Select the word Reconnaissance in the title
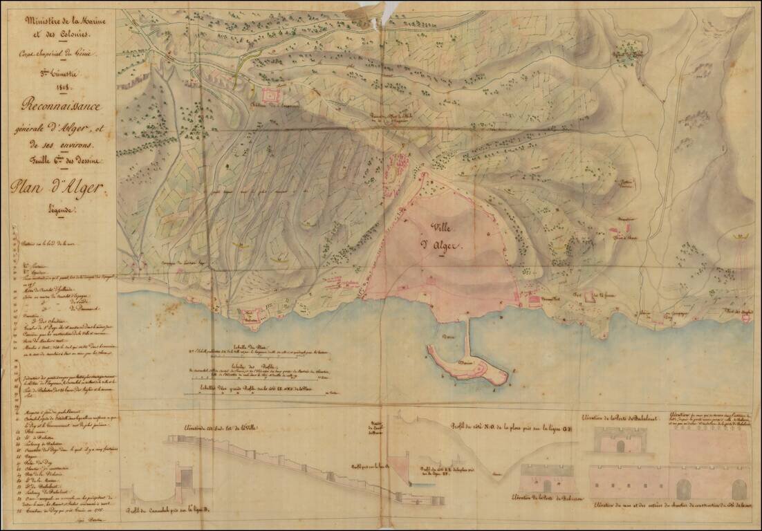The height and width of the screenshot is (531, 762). pyautogui.click(x=61, y=107)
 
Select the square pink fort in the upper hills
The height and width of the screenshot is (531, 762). pyautogui.click(x=272, y=95)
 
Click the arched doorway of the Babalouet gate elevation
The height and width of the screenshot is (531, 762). pyautogui.click(x=620, y=446)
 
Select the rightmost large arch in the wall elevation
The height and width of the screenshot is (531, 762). pyautogui.click(x=738, y=488)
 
